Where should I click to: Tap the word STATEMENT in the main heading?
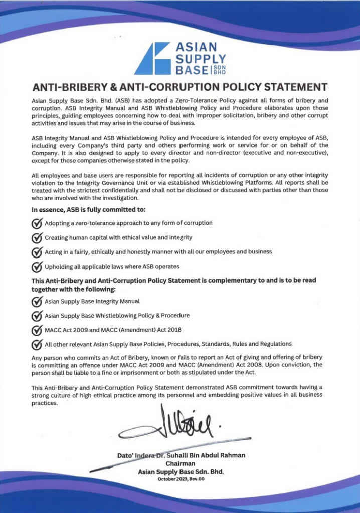coord(289,86)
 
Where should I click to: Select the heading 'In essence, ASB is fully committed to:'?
coord(89,210)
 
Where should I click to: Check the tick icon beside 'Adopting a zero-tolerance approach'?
coord(37,223)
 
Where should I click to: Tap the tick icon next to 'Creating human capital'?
coord(37,238)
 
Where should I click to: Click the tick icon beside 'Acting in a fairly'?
coord(37,252)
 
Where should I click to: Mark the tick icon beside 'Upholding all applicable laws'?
coord(37,267)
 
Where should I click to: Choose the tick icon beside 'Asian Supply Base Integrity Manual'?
coord(37,302)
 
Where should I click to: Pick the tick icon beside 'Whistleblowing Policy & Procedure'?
coord(37,316)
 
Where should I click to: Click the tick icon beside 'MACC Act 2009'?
coord(37,330)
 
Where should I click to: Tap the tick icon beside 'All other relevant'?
coord(37,344)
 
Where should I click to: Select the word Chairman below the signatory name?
coord(180,463)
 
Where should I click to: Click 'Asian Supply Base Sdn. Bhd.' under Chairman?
coord(181,472)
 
